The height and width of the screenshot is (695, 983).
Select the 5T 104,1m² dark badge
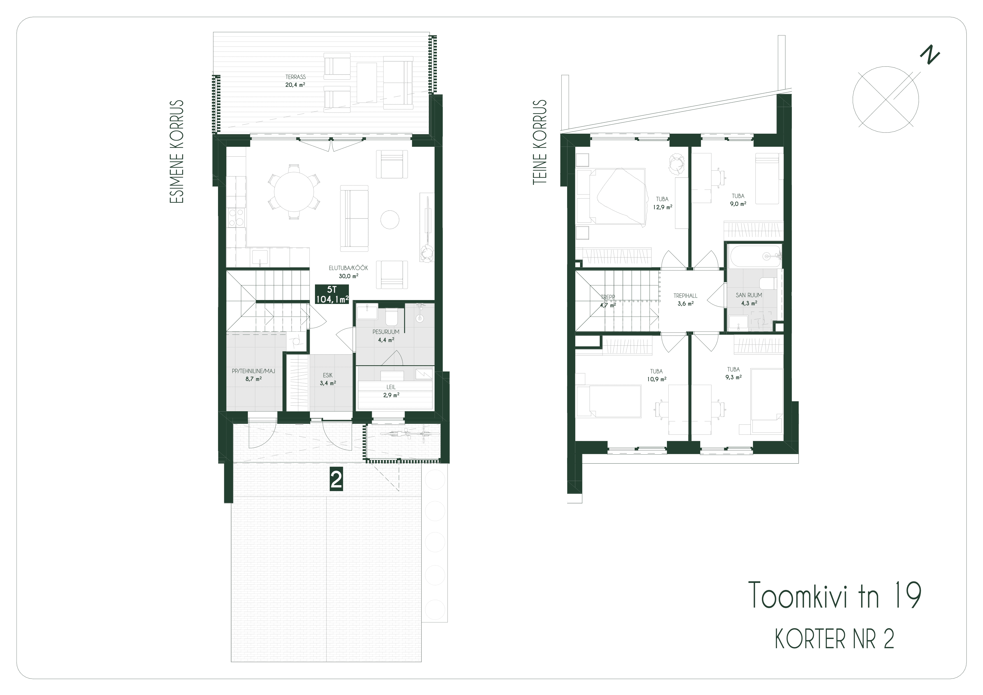332,294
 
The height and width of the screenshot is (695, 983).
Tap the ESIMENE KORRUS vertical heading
177,152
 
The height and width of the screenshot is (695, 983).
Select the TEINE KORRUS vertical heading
540,143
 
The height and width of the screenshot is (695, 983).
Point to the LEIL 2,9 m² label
391,391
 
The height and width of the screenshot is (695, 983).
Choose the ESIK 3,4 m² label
328,379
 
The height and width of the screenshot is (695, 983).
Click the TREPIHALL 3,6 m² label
685,299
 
